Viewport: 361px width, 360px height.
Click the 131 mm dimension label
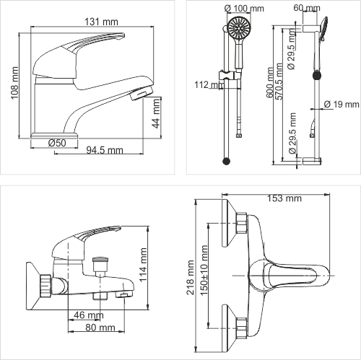tap(101, 22)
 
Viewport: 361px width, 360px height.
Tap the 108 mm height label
tap(14, 83)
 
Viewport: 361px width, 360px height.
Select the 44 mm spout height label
tap(157, 113)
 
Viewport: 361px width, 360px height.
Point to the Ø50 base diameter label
tap(57, 143)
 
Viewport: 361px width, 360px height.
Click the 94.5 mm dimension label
tap(105, 150)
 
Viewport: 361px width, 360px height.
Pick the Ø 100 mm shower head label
tap(244, 8)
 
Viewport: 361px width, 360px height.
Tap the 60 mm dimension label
tap(307, 8)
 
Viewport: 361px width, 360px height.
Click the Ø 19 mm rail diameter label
tap(342, 104)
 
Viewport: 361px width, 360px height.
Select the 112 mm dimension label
tap(209, 84)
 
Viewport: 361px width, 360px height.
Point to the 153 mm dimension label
tap(284, 198)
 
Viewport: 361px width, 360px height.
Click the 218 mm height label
tap(191, 277)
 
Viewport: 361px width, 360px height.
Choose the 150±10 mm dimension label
tap(204, 271)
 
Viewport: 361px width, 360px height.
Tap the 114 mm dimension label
tap(143, 265)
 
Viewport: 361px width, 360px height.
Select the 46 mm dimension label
tap(89, 315)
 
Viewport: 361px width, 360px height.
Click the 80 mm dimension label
tap(100, 328)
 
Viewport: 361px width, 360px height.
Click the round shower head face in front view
tap(239, 28)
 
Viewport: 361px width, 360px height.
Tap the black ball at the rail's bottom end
tap(226, 161)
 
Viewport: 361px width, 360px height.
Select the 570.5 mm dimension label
tap(279, 82)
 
